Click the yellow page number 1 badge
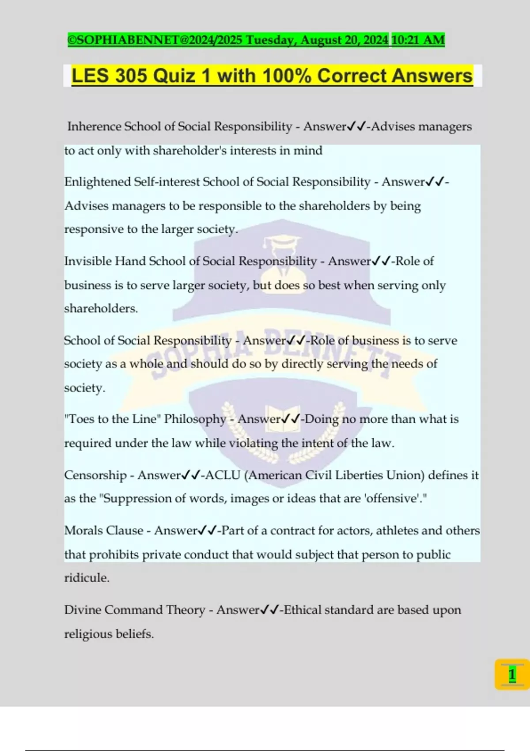coord(512,675)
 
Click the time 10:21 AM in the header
coord(418,40)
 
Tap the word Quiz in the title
coord(174,76)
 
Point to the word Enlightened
coord(97,182)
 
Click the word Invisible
coord(87,261)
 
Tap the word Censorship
coord(95,475)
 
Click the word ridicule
coord(86,578)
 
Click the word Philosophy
coord(195,419)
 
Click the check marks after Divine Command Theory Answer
coord(269,610)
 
